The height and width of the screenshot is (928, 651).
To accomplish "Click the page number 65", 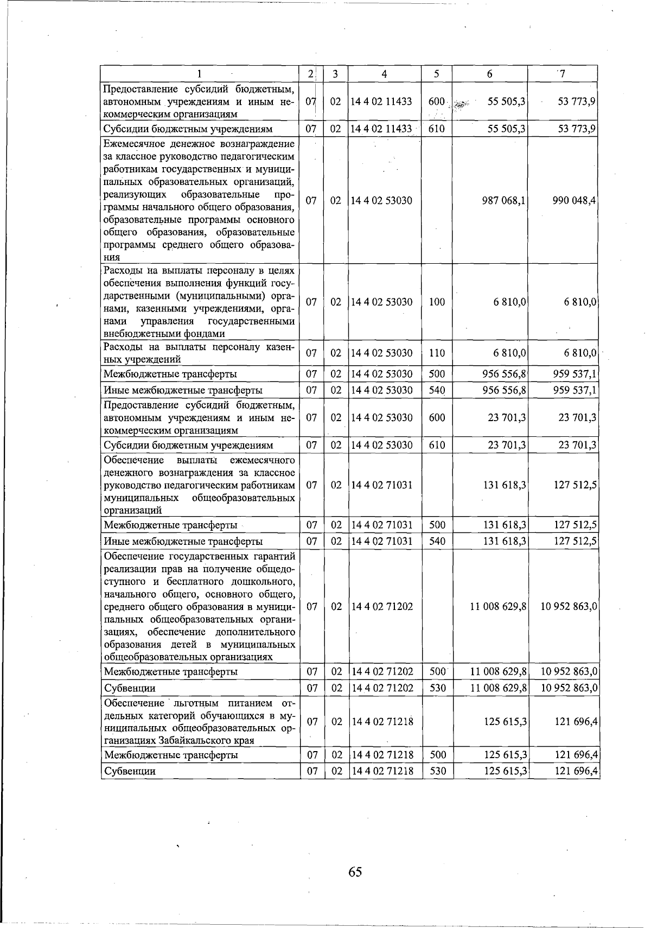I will pyautogui.click(x=355, y=872).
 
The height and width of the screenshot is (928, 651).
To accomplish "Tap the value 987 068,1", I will pyautogui.click(x=503, y=201).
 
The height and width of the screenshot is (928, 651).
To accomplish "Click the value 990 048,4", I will pyautogui.click(x=574, y=201).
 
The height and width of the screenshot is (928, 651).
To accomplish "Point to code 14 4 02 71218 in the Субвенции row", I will pyautogui.click(x=382, y=771).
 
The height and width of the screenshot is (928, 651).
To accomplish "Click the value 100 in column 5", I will pyautogui.click(x=437, y=302).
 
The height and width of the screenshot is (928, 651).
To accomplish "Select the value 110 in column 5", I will pyautogui.click(x=437, y=353).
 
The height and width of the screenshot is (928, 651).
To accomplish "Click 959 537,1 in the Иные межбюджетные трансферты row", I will pyautogui.click(x=575, y=391).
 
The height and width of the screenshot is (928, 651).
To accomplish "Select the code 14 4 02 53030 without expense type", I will pyautogui.click(x=382, y=201).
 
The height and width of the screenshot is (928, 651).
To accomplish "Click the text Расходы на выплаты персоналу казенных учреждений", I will pyautogui.click(x=199, y=353).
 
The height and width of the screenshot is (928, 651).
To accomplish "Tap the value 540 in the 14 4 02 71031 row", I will pyautogui.click(x=437, y=542).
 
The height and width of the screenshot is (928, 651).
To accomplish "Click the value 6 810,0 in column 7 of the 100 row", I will pyautogui.click(x=580, y=302).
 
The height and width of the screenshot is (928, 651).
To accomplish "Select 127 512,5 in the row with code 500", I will pyautogui.click(x=575, y=525).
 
